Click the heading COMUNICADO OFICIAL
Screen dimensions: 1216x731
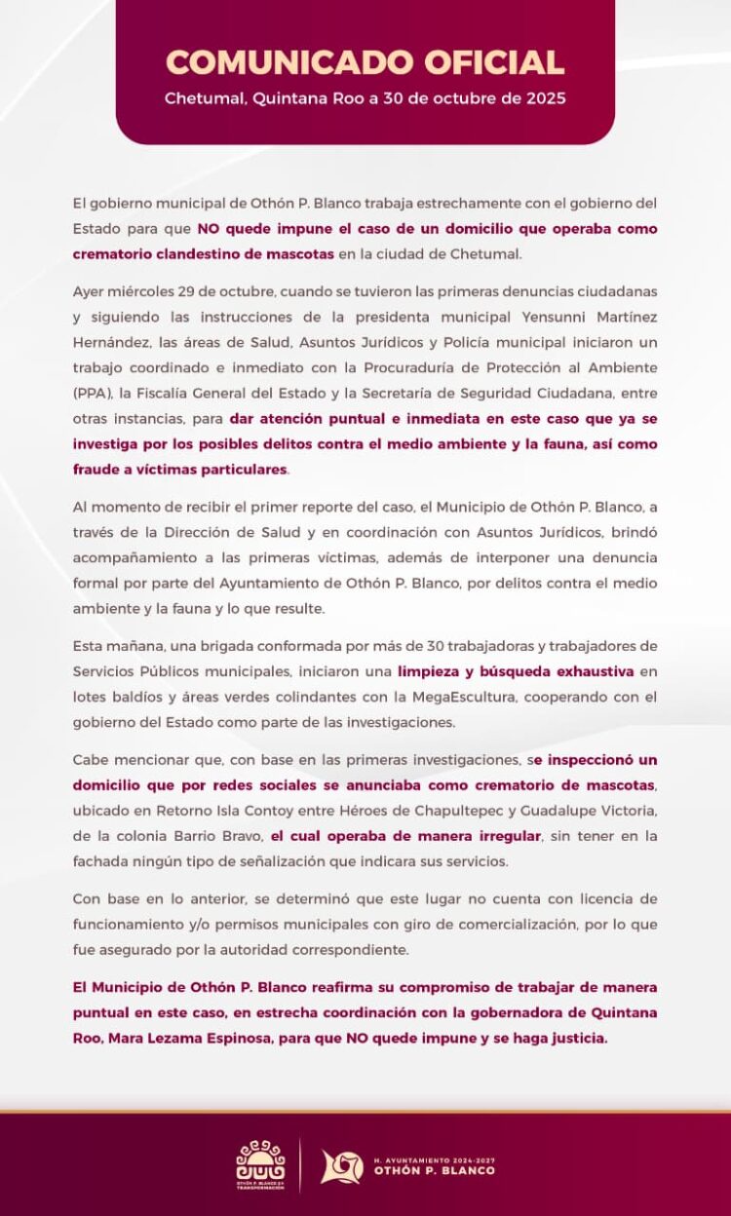365,61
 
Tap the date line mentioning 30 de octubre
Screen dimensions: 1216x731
365,98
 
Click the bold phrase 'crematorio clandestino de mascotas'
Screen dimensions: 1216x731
204,253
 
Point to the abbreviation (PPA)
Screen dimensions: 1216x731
94,393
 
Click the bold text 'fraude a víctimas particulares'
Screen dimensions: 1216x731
180,469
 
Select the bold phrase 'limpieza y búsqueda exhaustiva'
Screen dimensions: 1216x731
516,671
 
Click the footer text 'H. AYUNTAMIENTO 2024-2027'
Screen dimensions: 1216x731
434,1160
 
